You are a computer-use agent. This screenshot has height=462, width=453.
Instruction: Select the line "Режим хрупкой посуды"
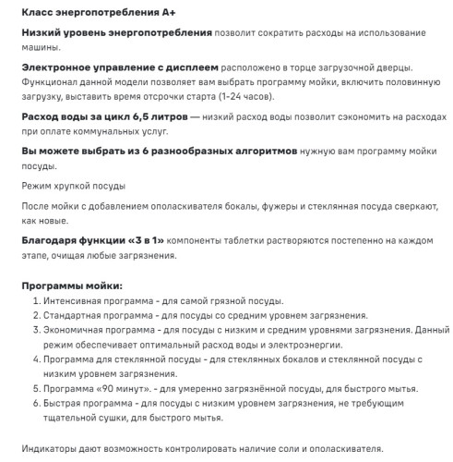tap(74, 187)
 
